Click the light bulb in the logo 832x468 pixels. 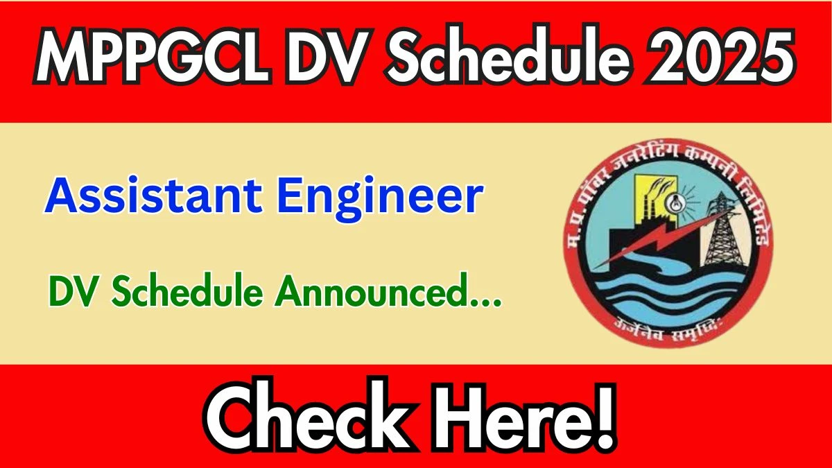click(x=672, y=202)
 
